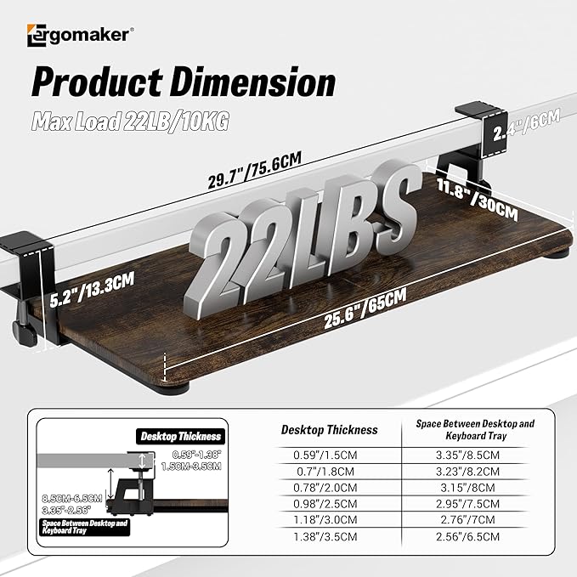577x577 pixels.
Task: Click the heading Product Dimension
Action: [x=183, y=83]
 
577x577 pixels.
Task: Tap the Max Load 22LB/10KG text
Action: [x=131, y=122]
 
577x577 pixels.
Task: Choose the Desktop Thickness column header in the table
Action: [x=330, y=430]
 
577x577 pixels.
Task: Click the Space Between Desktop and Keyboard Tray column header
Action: [x=475, y=428]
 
